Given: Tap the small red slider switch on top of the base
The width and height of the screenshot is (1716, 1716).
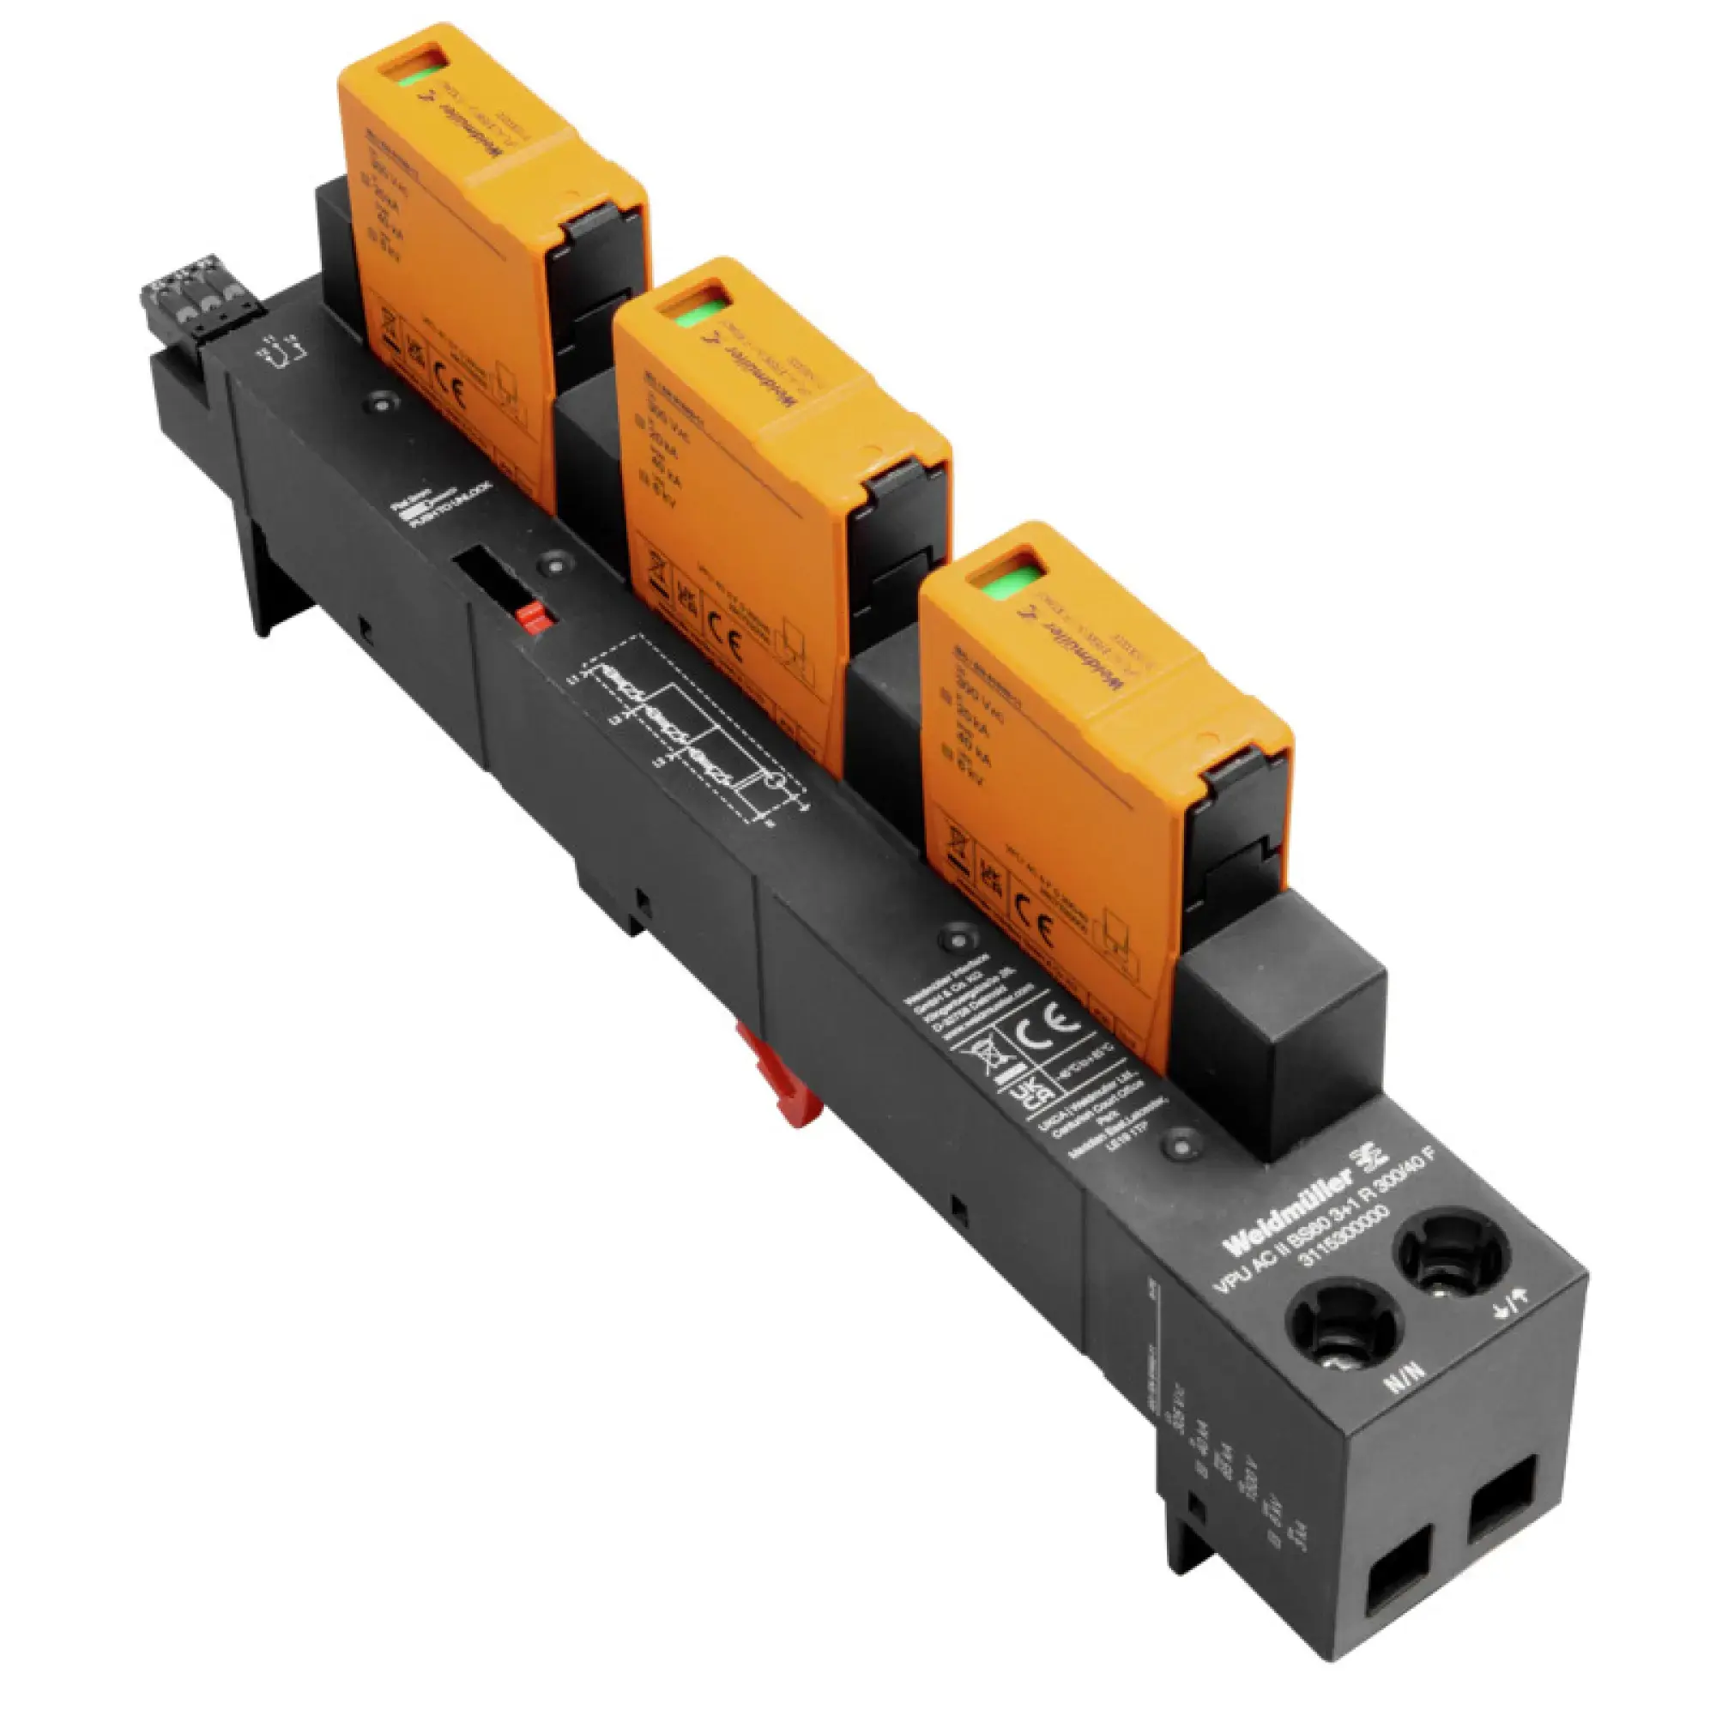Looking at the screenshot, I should tap(533, 616).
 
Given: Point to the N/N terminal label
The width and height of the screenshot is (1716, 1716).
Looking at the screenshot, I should tap(1405, 1379).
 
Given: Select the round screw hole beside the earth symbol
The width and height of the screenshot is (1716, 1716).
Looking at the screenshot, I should tap(1452, 1254).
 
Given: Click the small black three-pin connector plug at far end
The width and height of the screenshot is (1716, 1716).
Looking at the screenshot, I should tap(192, 298).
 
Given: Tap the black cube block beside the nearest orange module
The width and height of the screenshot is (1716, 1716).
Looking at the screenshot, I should tap(1279, 1021).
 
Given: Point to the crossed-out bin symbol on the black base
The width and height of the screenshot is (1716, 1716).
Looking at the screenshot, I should tap(987, 1058).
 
